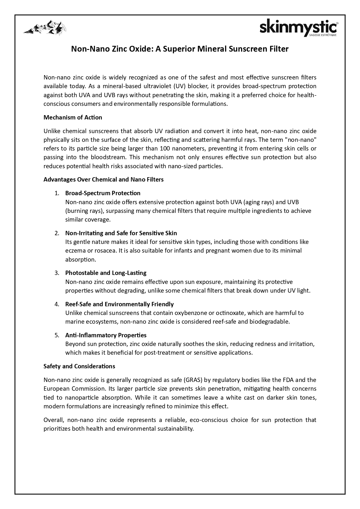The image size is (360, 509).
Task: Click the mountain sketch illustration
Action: [45, 28]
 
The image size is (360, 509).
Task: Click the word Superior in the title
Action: [178, 49]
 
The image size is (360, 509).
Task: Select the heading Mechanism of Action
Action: [73, 117]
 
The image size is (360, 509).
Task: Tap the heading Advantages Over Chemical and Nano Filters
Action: [104, 180]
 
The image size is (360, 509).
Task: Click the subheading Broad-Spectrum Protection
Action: [103, 193]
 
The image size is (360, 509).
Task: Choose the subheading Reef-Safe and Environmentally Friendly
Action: [119, 304]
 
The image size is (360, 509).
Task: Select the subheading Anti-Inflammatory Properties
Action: [106, 335]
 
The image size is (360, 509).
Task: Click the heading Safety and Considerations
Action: [79, 366]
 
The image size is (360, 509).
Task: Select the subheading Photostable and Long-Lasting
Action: [106, 273]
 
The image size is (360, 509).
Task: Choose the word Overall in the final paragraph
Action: [53, 420]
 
